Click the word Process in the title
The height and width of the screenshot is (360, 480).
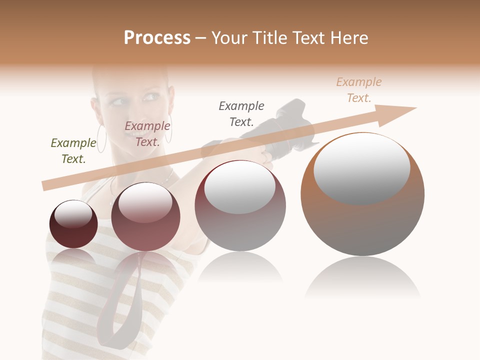[x=157, y=38]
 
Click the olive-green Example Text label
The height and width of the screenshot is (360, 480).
[x=73, y=151]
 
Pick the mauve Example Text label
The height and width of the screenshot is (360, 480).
[x=147, y=134]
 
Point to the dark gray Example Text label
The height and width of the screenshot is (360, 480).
[x=241, y=113]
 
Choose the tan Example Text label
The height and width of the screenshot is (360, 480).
[x=359, y=90]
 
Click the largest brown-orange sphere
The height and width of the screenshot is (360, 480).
[x=362, y=220]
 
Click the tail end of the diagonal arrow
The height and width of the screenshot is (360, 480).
[x=46, y=185]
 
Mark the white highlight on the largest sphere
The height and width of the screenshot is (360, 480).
[x=362, y=169]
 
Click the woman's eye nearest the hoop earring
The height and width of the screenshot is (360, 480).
[x=118, y=102]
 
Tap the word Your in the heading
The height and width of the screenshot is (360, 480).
[x=229, y=38]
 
